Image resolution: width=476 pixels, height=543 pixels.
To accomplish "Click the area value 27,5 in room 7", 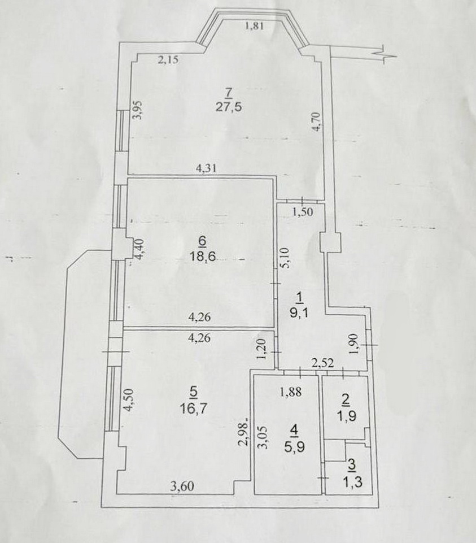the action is [229, 107].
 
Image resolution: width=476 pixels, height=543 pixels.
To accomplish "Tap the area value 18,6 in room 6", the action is [203, 257].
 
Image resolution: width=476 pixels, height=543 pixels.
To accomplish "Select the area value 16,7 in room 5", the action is [193, 409].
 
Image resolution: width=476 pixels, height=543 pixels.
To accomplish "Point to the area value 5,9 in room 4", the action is [295, 448].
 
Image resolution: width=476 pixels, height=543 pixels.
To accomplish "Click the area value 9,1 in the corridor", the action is [300, 314].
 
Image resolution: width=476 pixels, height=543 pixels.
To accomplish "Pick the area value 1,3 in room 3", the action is [353, 482].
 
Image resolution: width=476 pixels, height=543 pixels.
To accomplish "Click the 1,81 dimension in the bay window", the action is [255, 26].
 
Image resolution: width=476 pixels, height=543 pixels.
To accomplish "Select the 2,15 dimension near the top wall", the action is [168, 60].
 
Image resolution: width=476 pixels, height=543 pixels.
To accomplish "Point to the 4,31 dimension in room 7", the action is [206, 168].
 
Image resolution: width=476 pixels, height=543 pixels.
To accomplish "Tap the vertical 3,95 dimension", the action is [137, 110].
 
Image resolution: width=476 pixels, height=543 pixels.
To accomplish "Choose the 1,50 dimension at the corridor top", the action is [303, 212].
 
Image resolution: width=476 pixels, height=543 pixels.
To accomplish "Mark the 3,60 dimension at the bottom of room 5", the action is [182, 486].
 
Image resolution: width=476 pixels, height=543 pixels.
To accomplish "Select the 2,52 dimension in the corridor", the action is [322, 363].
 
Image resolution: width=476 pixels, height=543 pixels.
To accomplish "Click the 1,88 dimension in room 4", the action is [291, 392].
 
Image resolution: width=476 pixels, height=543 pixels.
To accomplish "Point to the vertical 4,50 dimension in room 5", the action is [128, 400].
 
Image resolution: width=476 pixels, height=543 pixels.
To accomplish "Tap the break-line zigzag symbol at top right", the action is [385, 54].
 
